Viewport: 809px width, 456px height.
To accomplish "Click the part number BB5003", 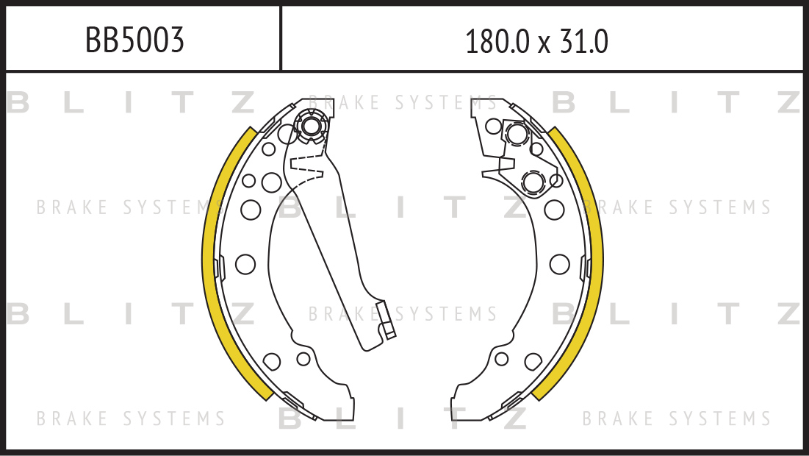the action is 134,40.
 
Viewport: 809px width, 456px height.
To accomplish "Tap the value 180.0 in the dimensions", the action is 497,42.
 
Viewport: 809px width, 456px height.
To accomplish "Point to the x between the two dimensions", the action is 544,46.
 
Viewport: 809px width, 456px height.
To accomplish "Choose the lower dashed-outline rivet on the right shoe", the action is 533,182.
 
